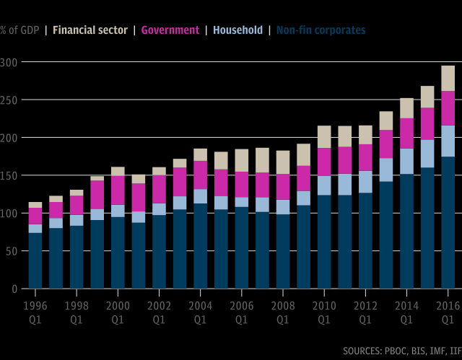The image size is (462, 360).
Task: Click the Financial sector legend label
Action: (x=90, y=30)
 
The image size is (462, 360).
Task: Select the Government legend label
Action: (x=170, y=30)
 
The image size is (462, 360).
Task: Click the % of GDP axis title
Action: (x=19, y=30)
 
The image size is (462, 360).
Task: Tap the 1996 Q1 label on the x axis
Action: (x=35, y=310)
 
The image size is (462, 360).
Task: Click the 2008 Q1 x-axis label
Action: (x=283, y=310)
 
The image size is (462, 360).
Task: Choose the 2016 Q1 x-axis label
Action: (x=448, y=310)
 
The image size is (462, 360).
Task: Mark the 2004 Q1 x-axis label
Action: (x=200, y=310)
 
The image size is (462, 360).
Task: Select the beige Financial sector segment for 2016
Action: (x=448, y=78)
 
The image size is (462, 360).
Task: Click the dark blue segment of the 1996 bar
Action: (x=35, y=260)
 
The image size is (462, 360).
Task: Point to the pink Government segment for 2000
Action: (x=118, y=190)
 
